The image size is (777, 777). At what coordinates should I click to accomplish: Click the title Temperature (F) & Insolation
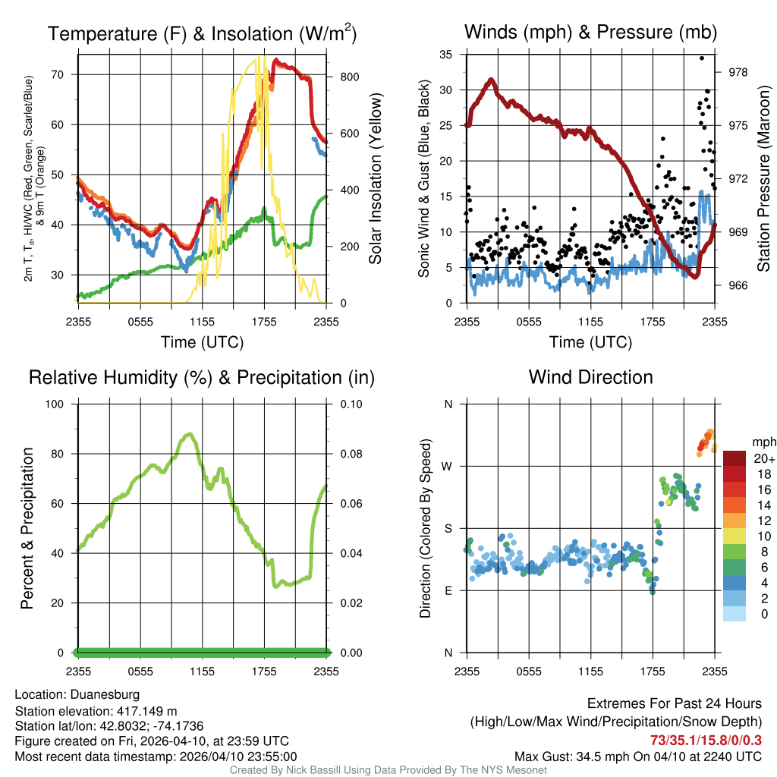[202, 34]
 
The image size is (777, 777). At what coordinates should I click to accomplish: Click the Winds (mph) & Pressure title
[590, 32]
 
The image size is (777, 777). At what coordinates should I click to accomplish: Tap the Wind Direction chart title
[590, 377]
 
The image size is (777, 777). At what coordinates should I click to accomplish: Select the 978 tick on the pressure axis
[739, 72]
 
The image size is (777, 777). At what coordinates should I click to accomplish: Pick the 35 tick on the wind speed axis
[445, 55]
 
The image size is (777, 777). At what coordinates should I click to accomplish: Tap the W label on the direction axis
[447, 466]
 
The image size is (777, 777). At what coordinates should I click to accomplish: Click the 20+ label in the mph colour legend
[764, 458]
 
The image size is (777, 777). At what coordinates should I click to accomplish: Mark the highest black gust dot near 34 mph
[702, 58]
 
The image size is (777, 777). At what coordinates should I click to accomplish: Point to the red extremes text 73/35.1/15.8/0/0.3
[706, 740]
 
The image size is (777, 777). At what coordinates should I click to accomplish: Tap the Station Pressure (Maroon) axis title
[764, 178]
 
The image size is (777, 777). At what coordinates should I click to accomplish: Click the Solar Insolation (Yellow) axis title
[376, 178]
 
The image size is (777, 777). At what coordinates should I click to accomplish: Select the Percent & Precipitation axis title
[27, 527]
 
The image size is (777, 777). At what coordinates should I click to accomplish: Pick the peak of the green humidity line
[189, 434]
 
